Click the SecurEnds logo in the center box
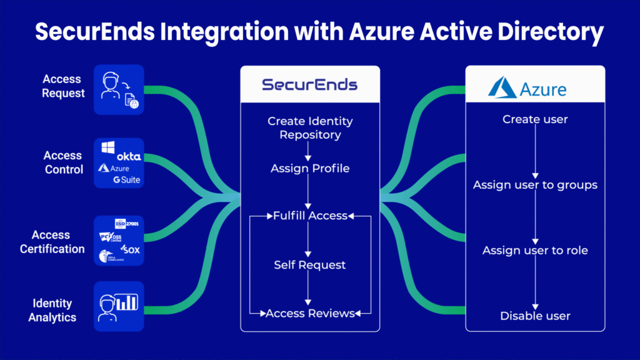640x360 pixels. [309, 85]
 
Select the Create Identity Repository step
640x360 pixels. [310, 127]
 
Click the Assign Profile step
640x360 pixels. [310, 168]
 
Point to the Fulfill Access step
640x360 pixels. [310, 216]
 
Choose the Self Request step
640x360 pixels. [310, 265]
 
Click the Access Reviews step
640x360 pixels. [310, 313]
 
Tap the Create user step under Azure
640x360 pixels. [535, 119]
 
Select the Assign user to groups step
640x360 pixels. [535, 185]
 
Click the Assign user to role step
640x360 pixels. [535, 251]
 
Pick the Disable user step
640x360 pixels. [535, 316]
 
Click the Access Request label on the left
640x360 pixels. [62, 86]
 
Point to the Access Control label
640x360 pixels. [63, 162]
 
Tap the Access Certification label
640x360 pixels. [52, 242]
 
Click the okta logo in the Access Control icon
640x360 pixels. [129, 156]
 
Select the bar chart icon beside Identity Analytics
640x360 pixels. [127, 303]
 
